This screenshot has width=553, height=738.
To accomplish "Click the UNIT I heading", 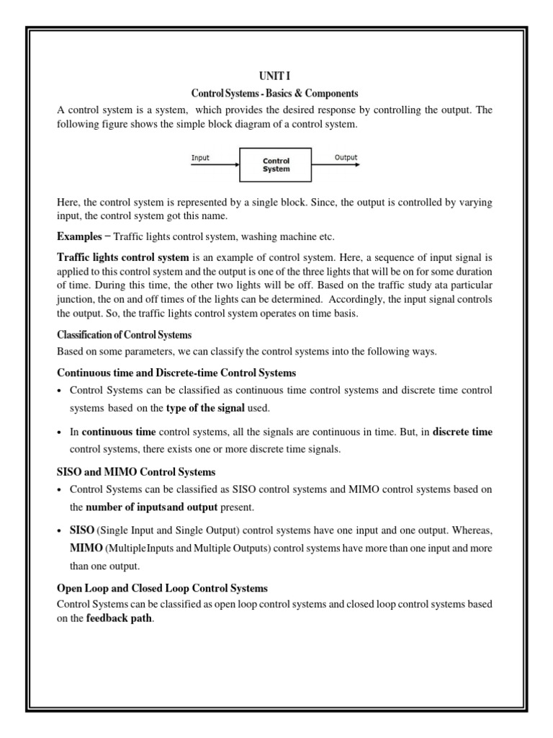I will tap(275, 76).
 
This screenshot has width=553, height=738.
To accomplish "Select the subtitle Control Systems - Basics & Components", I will tap(274, 94).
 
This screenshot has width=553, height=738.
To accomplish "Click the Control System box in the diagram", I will tap(276, 165).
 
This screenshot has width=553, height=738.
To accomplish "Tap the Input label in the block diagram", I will tap(201, 157).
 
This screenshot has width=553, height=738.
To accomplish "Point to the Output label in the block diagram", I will tap(346, 157).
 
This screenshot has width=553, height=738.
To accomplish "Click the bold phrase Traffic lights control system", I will tap(123, 257).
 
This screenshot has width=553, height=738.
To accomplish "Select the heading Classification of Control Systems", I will tap(124, 335).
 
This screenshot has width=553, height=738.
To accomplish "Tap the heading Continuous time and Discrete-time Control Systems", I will tap(176, 373).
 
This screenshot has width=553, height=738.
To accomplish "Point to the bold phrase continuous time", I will tap(118, 432).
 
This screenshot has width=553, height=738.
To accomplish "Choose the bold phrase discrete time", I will tap(462, 432).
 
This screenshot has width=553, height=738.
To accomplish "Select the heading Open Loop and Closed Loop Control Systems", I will tap(162, 588).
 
